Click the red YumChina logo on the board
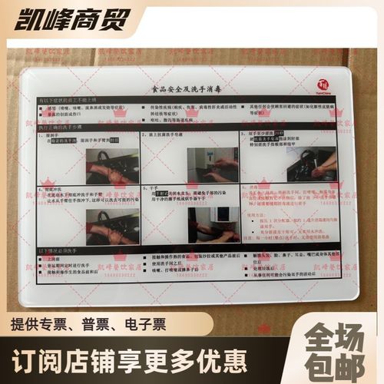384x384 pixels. (x=323, y=85)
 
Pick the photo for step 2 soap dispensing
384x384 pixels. (x=212, y=164)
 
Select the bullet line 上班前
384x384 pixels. (x=54, y=260)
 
